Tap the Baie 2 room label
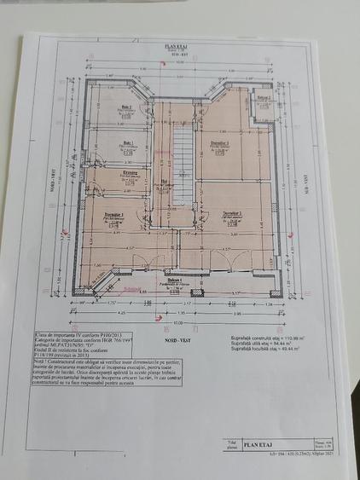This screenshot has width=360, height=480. [126, 107]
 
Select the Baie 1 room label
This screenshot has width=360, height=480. [127, 142]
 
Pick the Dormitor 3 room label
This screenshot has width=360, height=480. [220, 143]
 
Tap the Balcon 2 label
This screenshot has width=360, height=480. [264, 99]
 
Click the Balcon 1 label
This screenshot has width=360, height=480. [175, 280]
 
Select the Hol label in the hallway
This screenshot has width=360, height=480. [165, 181]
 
